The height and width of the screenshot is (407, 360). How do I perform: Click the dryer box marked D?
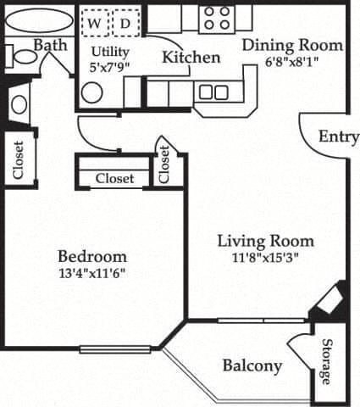coord(125,24)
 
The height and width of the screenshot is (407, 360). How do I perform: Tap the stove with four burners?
coord(216,18)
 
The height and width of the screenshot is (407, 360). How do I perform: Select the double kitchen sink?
coord(213,92)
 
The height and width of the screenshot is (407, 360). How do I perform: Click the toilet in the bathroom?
coord(23,58)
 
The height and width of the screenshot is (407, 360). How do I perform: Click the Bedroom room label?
coord(92,256)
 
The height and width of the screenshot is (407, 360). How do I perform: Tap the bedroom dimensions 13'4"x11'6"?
coord(92,273)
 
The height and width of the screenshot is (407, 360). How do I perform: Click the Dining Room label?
coord(293,45)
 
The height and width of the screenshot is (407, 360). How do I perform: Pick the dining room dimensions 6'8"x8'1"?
coord(293,61)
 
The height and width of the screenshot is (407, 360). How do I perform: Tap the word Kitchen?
coord(191,58)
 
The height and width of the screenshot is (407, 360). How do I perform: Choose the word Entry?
coord(339,137)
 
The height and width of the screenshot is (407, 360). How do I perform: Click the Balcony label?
coord(252,365)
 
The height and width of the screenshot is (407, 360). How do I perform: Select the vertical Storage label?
coord(326,361)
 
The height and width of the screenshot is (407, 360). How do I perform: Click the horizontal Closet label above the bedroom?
coord(114,178)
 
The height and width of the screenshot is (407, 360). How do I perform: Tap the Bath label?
coord(50,44)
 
